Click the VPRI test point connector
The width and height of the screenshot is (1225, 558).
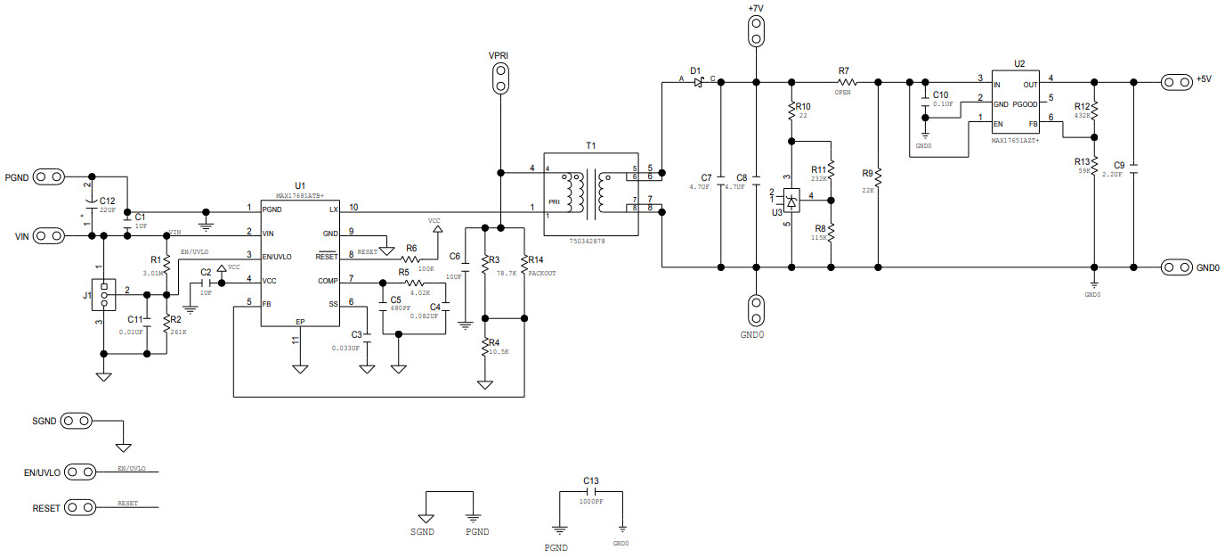pos(500,78)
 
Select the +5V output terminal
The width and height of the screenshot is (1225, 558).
pos(1176,82)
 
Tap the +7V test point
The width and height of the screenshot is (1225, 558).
pos(756,31)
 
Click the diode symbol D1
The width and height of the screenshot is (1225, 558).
pos(699,82)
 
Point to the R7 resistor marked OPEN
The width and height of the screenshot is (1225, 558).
pos(843,82)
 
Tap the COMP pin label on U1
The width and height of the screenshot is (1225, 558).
pos(328,281)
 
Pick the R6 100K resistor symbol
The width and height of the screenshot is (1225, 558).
pos(416,259)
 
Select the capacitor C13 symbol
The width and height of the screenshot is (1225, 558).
pos(591,491)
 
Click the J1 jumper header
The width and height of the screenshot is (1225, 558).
pos(104,294)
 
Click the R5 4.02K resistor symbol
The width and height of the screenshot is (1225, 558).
pos(419,283)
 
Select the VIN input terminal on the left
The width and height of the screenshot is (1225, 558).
pos(51,235)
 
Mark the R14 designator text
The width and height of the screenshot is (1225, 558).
pos(535,259)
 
